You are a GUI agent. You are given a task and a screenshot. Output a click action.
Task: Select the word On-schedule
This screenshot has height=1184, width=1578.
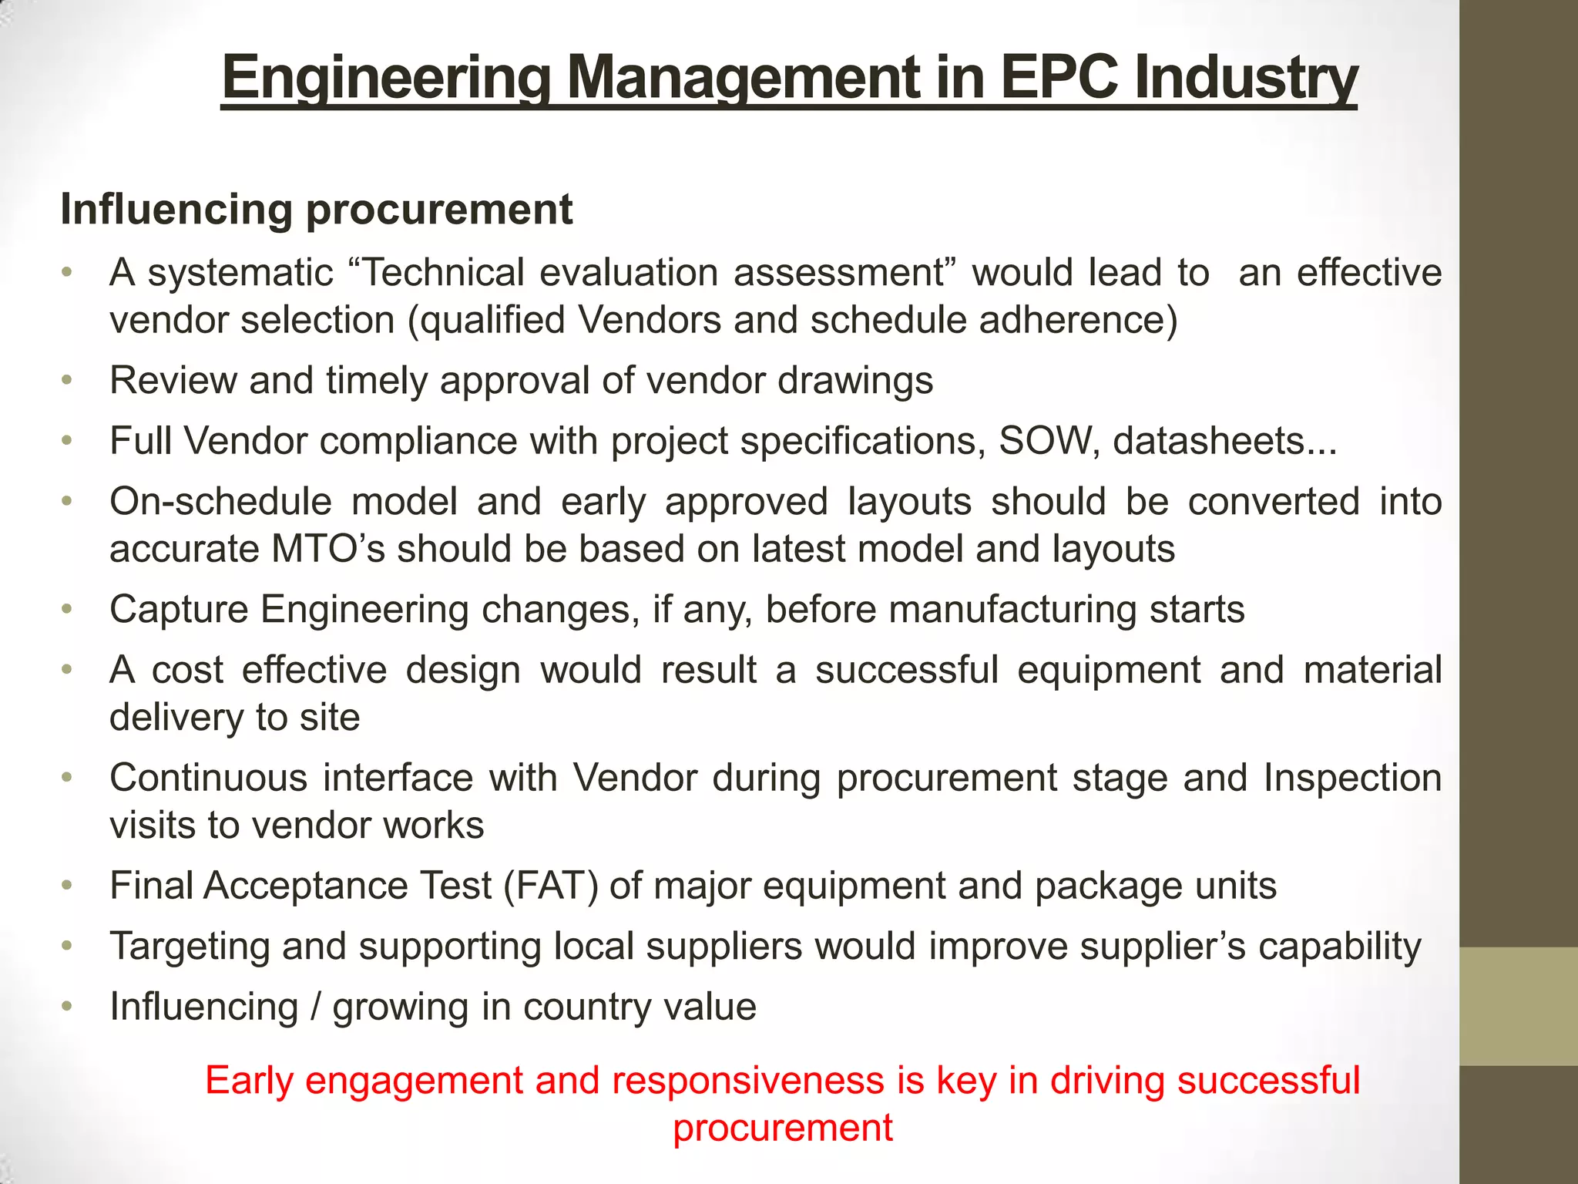tap(220, 502)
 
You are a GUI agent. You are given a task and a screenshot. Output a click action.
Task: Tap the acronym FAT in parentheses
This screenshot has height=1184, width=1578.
tap(549, 886)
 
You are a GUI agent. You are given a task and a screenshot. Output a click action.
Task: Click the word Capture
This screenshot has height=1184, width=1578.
tap(180, 610)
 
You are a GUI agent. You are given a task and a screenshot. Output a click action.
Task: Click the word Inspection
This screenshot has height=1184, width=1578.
tap(1352, 778)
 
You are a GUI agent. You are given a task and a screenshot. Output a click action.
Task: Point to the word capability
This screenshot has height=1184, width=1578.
tap(1339, 947)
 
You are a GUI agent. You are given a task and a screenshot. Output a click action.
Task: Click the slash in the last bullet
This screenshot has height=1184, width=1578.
tap(314, 1007)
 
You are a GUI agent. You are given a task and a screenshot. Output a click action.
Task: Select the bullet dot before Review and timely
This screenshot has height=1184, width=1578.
tap(68, 380)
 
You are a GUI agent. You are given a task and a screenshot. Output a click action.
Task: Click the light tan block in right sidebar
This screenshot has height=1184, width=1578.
tap(1518, 1006)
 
